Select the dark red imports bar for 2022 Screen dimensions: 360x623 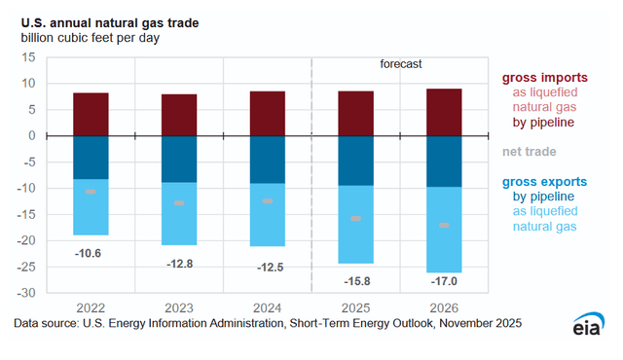click(104, 114)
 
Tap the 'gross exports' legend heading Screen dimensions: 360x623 click(544, 181)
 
